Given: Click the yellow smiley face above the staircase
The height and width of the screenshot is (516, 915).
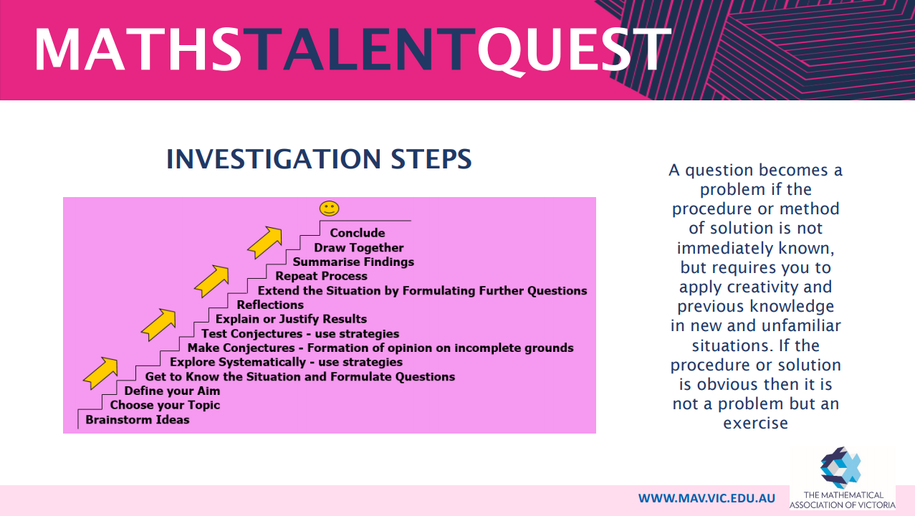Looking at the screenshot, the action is point(329,209).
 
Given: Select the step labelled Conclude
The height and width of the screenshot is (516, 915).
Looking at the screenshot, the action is point(358,233).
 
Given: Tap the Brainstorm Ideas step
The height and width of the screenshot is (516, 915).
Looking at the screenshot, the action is point(138,419).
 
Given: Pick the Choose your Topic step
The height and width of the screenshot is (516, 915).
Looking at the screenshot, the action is point(165,405).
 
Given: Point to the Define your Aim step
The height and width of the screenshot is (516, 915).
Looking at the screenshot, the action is point(172,391).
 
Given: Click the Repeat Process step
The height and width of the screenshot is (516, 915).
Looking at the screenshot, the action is point(321,276).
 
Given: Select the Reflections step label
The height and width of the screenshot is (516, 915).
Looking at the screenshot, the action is point(270,305).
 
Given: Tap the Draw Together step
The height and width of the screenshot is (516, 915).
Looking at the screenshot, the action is point(359,247).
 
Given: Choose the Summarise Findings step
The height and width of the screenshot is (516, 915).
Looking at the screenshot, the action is point(353,262).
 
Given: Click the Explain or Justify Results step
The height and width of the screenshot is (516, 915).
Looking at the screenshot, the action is point(291,319).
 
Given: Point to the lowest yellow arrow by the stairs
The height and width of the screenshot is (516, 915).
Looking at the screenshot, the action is point(101,373).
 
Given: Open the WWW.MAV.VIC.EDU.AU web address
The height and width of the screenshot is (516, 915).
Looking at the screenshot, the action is point(706,498).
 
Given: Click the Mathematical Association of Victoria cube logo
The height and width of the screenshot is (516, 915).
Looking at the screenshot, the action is point(840,468).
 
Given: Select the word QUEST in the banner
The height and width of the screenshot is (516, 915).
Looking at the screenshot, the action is point(575,51).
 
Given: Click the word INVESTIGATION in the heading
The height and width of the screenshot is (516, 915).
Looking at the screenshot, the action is point(274,159).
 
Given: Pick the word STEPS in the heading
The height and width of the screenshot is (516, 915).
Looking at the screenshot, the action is point(431,159).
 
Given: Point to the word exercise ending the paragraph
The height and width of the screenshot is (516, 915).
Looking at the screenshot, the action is point(756,424).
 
